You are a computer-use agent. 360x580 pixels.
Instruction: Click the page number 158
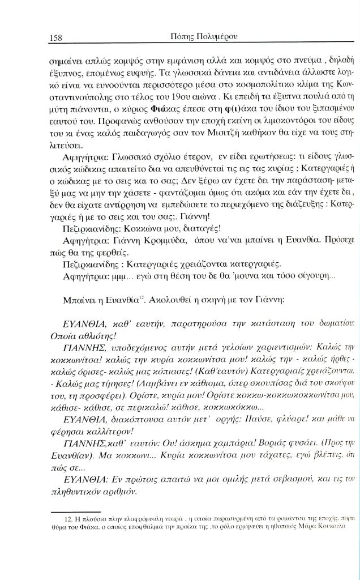(x=55, y=37)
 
